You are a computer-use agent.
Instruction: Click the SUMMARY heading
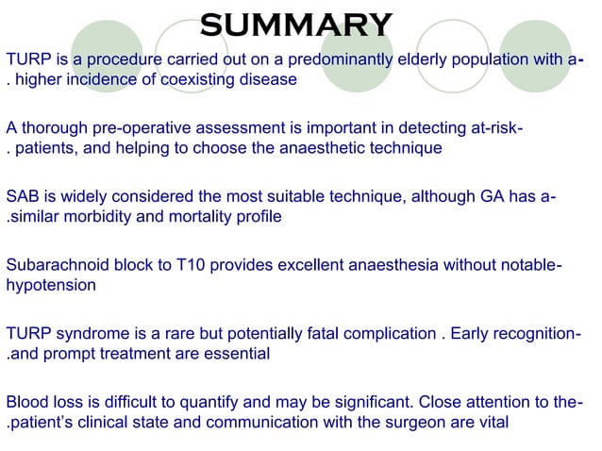(x=296, y=23)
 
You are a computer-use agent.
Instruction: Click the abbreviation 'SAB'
(x=22, y=196)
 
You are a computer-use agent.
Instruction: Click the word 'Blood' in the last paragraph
(x=26, y=402)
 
